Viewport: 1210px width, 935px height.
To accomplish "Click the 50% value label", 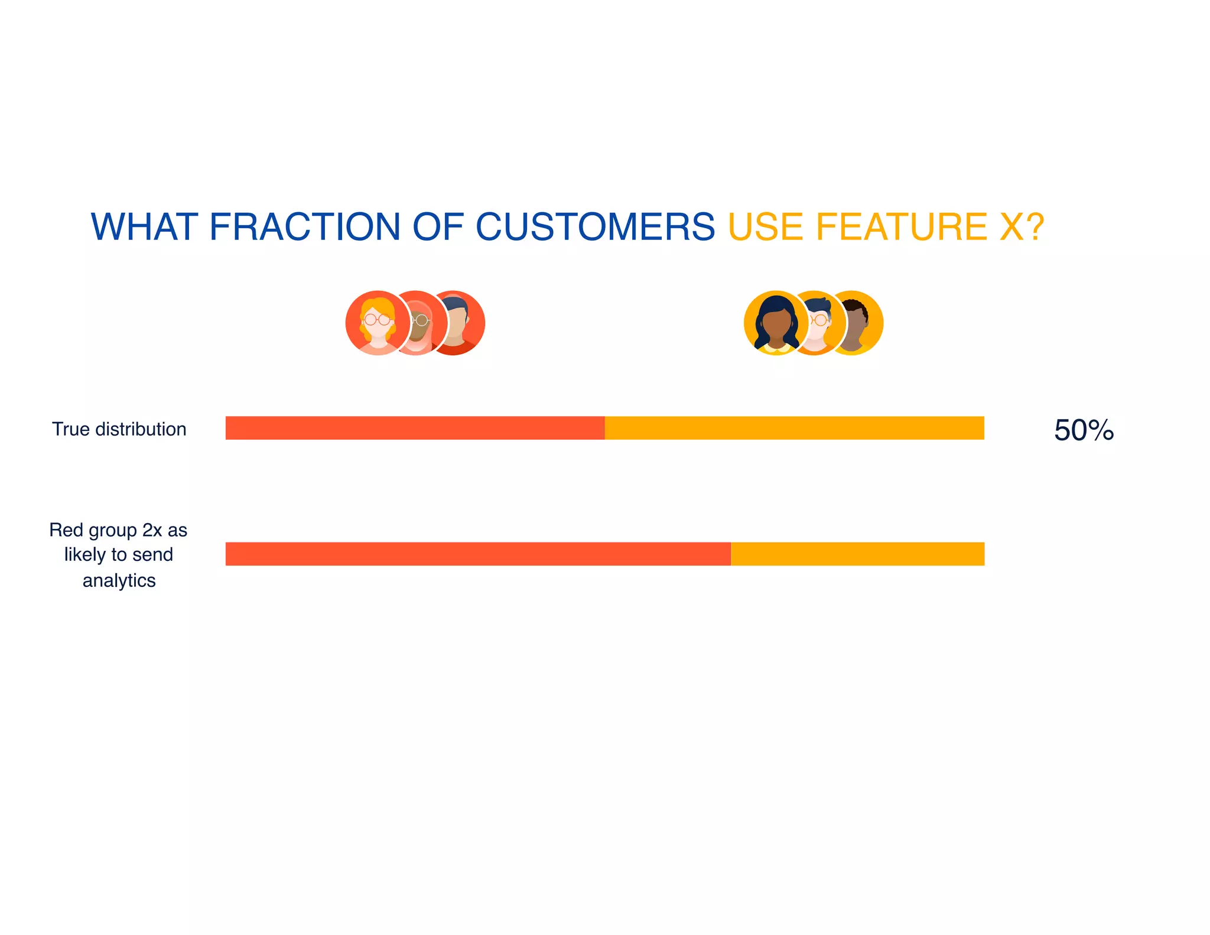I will [1084, 430].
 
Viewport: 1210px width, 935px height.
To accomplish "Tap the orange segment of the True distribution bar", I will [794, 428].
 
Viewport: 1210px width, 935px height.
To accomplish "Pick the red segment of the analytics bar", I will [477, 554].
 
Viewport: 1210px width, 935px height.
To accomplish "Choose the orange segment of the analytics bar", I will [857, 554].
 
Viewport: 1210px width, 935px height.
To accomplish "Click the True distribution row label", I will [119, 429].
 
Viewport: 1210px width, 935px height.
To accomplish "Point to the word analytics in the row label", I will [119, 580].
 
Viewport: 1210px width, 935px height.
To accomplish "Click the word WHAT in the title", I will [144, 227].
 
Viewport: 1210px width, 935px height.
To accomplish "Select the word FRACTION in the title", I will [305, 227].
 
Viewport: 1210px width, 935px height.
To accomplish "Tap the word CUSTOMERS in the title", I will [595, 227].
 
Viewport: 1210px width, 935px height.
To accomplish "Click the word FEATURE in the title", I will [901, 227].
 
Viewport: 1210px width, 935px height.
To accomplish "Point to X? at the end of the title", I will [1022, 227].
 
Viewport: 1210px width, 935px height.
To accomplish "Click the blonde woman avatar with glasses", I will [377, 323].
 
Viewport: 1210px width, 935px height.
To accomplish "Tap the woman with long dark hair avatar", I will [775, 323].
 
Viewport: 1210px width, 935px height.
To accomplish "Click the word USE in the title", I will [766, 227].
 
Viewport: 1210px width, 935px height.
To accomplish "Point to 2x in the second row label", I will [152, 530].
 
